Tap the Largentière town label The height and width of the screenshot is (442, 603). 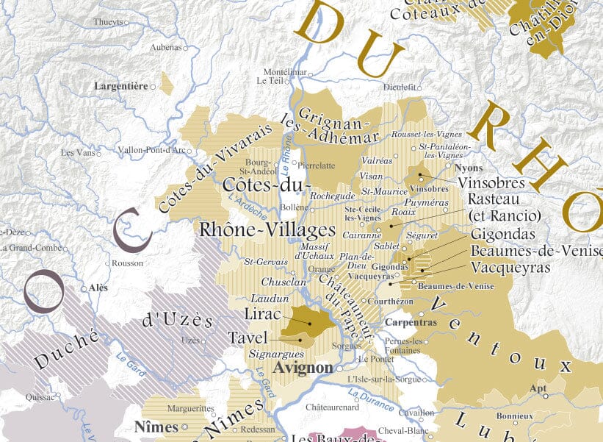tap(121, 86)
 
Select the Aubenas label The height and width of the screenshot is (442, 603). tap(165, 47)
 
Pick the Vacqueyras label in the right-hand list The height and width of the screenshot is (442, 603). tap(510, 267)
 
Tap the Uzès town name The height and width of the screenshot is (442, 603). tap(190, 341)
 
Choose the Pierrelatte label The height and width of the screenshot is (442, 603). tap(317, 166)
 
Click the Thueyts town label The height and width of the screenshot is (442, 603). tap(109, 22)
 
